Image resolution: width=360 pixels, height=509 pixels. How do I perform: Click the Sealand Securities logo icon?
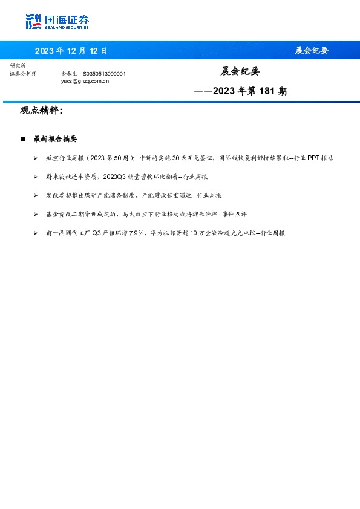(x=33, y=22)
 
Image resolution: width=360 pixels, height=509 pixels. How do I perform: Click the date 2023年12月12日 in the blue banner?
(x=71, y=51)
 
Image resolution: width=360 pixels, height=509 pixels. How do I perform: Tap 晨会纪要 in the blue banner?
(x=311, y=51)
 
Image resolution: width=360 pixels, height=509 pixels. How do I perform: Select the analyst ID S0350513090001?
(x=104, y=73)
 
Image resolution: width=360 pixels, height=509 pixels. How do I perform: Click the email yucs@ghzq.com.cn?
(x=85, y=80)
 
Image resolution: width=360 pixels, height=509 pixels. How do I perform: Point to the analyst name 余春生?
(x=70, y=73)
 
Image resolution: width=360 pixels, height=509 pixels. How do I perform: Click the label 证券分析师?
(x=24, y=73)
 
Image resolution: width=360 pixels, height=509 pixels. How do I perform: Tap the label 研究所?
(x=19, y=65)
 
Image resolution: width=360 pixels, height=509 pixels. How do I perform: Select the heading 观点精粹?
(x=41, y=111)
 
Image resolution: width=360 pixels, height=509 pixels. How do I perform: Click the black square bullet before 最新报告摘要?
(x=23, y=139)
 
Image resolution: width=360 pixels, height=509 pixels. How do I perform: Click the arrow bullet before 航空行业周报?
(x=36, y=158)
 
